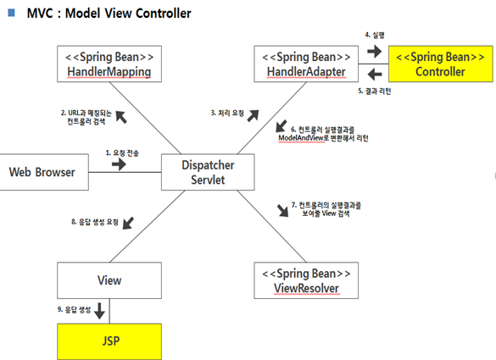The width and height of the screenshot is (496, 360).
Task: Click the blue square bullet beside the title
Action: click(x=11, y=13)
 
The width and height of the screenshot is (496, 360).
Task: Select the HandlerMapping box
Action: click(x=109, y=64)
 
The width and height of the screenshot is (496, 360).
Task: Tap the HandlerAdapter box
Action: click(x=306, y=64)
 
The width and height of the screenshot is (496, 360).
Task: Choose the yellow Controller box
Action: click(x=441, y=64)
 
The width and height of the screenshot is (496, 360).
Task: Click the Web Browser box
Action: click(x=43, y=172)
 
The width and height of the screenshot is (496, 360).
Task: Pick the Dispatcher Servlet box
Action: click(x=208, y=172)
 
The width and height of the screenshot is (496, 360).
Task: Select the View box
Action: click(x=109, y=280)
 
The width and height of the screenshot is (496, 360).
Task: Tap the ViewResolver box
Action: click(x=306, y=280)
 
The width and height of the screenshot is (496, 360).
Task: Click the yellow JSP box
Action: click(x=109, y=341)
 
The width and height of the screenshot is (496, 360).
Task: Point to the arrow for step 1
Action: click(x=119, y=164)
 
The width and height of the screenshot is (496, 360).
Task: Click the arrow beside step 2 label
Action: click(x=121, y=117)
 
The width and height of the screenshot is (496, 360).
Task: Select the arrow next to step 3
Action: click(x=253, y=116)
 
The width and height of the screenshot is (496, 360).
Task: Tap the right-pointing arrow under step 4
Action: click(x=375, y=51)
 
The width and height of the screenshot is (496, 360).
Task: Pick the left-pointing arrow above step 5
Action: click(x=375, y=75)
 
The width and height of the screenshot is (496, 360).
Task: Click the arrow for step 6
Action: click(x=281, y=126)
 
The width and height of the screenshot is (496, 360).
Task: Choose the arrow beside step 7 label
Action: click(x=283, y=211)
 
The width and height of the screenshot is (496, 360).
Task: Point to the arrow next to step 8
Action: click(x=128, y=223)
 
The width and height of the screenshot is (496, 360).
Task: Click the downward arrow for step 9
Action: click(x=100, y=311)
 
